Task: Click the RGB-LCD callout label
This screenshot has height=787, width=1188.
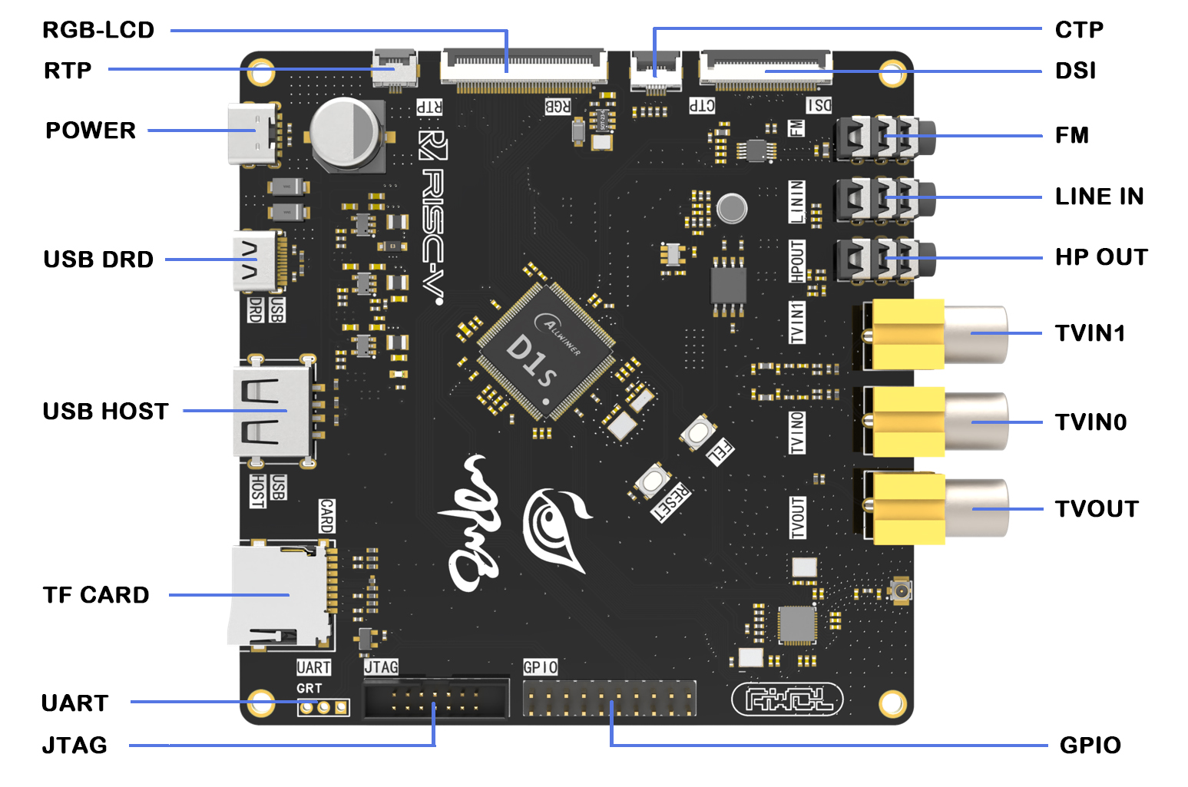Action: (x=98, y=30)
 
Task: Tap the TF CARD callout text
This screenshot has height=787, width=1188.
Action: (x=96, y=595)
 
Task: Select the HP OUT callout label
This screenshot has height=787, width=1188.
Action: (x=1101, y=257)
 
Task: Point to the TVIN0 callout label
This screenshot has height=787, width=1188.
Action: (x=1090, y=422)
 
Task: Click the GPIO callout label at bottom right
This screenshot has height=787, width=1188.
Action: (x=1090, y=746)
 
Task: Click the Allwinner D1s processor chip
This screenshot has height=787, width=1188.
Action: (x=545, y=352)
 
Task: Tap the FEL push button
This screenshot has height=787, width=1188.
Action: (x=698, y=432)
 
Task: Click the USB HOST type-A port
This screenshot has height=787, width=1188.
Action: (x=273, y=412)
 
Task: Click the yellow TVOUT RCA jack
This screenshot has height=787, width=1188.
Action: (x=937, y=509)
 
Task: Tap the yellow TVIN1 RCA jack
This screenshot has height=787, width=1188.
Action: (x=937, y=334)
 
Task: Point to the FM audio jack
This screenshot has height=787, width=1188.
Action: (x=883, y=137)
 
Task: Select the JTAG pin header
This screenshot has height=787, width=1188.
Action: (x=435, y=698)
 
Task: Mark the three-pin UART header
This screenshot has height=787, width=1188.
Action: (x=323, y=706)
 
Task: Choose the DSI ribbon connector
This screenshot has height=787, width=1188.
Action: (x=765, y=68)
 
